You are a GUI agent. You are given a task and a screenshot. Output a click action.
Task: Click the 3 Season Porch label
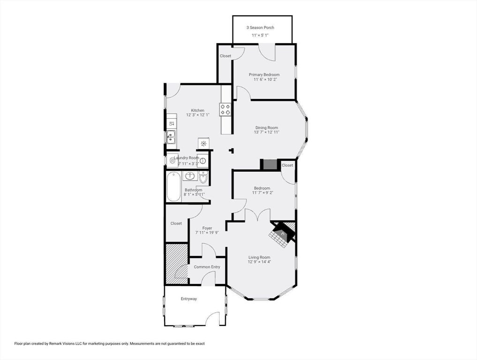260,27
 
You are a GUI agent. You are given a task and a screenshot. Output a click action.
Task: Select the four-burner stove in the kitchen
225,110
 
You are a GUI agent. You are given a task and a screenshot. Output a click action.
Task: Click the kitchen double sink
171,137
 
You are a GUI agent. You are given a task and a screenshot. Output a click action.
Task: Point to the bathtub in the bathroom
174,187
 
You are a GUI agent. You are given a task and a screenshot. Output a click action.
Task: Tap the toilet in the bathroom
204,178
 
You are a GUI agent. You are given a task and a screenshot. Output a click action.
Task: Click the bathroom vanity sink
190,176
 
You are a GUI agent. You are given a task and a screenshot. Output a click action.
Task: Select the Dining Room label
266,127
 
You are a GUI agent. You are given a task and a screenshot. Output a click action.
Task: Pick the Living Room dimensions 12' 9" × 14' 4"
259,262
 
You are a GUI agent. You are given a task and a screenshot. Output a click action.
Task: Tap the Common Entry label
207,267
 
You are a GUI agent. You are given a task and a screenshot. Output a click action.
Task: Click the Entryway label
189,299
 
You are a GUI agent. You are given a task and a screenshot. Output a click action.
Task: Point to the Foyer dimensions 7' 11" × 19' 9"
207,233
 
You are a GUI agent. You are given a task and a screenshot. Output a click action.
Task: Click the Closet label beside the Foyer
176,223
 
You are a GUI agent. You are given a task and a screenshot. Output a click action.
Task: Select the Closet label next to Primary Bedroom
226,56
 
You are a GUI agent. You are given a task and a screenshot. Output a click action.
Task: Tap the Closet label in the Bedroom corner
287,165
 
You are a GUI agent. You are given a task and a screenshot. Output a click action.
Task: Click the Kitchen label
197,110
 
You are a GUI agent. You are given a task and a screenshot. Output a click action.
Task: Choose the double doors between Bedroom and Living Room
257,215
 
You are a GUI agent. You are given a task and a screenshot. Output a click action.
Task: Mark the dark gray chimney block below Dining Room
270,165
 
